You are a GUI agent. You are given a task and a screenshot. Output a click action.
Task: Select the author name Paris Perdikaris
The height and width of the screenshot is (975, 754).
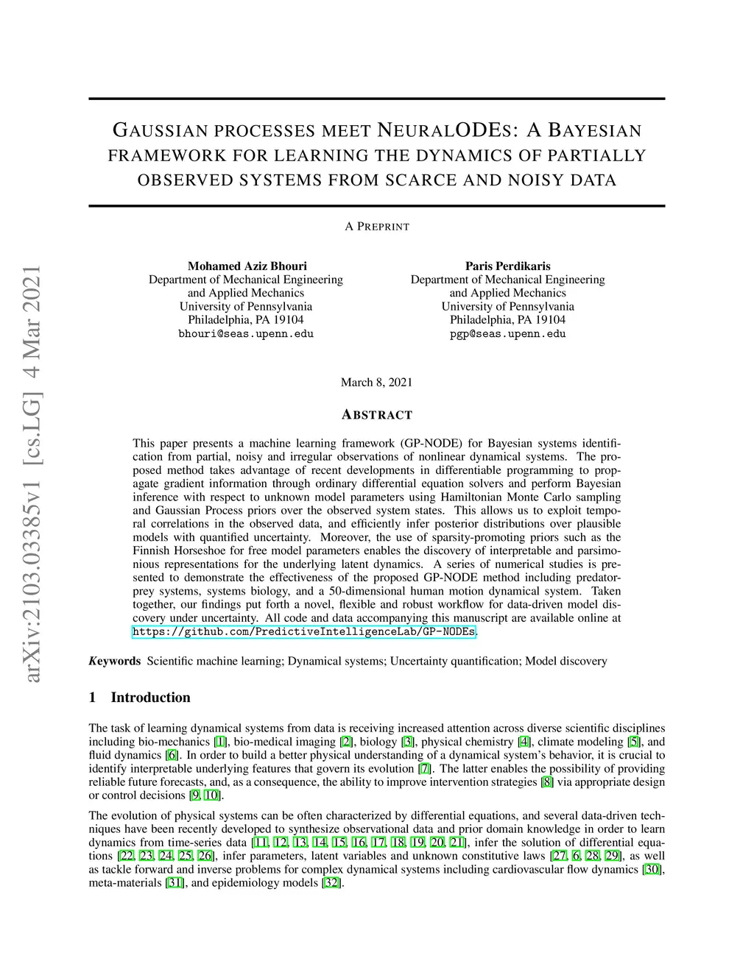[507, 266]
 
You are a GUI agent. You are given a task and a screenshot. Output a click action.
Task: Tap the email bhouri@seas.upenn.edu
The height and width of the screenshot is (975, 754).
[246, 333]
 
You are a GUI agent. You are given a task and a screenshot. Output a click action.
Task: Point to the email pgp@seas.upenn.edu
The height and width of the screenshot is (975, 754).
[507, 333]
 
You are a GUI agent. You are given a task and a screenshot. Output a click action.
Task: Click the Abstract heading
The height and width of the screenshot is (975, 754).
[377, 415]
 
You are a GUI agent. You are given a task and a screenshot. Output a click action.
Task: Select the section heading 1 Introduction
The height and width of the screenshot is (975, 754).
[139, 698]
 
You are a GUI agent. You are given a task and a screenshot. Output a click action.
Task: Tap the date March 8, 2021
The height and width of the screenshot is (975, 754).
[376, 382]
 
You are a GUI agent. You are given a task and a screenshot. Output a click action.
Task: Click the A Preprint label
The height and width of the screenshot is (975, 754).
[377, 227]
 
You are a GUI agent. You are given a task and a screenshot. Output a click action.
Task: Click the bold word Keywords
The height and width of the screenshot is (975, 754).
[115, 661]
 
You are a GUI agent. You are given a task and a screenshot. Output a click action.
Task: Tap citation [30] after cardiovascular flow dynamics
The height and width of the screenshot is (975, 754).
[652, 869]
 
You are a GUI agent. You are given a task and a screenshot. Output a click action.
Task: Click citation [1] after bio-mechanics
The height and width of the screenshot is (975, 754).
[220, 742]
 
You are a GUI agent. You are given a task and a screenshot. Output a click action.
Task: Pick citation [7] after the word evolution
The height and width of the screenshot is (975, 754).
[424, 768]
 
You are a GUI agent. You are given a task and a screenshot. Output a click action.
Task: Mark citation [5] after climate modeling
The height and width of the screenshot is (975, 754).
[633, 742]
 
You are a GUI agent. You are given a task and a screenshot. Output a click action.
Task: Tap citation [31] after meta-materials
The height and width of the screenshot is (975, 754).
[175, 882]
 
